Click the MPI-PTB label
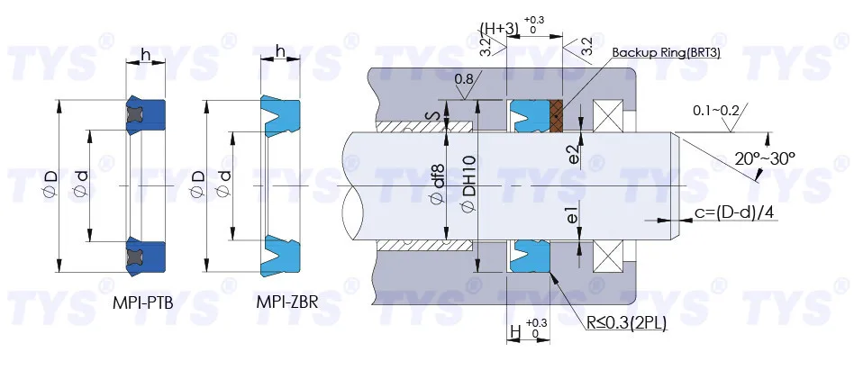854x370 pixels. [x=142, y=303]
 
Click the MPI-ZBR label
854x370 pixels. [x=287, y=302]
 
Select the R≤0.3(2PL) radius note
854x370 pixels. [x=626, y=324]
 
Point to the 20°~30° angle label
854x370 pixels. [x=765, y=158]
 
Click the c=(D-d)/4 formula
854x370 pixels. [x=734, y=212]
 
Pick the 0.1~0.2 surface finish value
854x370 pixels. [x=715, y=111]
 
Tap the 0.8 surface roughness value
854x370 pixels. [x=464, y=79]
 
